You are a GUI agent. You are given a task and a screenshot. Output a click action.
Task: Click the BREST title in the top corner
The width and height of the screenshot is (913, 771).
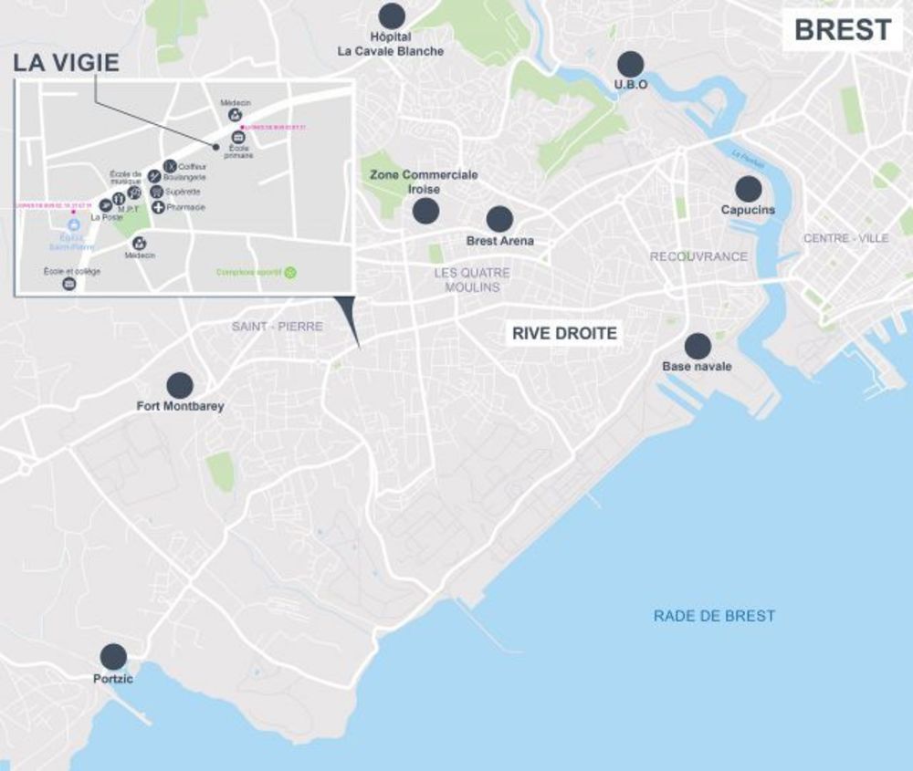pos(842,29)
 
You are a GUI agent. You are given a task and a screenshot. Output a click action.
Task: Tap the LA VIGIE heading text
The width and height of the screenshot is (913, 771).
pos(66,63)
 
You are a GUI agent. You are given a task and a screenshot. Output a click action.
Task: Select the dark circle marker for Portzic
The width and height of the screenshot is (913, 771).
pos(113,656)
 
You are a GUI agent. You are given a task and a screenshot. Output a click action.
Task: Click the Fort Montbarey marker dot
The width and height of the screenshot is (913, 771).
pos(180,385)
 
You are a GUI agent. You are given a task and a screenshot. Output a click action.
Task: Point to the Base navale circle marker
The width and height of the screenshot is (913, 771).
pos(698,346)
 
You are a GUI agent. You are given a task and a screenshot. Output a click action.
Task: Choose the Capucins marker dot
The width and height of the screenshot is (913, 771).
pos(749,189)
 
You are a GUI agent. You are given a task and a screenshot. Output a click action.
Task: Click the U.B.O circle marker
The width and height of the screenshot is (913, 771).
pos(630,64)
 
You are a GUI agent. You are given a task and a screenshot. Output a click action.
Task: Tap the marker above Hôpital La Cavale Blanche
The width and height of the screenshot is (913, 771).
pos(392,16)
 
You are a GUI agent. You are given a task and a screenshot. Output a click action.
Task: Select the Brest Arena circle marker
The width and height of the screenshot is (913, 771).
pos(499,219)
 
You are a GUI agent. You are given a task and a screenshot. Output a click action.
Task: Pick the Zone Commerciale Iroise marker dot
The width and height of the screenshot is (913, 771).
pos(425,212)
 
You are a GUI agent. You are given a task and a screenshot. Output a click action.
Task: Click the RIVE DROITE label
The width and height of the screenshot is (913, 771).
pos(564,334)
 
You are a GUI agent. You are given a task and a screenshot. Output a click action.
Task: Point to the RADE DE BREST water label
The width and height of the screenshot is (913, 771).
pos(714,616)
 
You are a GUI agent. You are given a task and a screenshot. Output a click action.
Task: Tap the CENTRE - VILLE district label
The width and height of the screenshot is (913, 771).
pos(845,238)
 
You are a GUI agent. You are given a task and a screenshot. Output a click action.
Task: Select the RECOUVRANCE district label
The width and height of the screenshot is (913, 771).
pos(698,256)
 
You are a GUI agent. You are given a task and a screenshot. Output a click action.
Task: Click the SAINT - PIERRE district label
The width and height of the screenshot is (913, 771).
pos(277,326)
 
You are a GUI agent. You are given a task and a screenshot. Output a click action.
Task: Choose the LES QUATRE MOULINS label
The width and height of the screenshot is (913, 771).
pos(472,280)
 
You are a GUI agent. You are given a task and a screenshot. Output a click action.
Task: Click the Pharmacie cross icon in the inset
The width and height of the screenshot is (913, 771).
pos(158,208)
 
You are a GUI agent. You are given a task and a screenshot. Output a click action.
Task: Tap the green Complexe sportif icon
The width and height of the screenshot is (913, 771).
pos(290,272)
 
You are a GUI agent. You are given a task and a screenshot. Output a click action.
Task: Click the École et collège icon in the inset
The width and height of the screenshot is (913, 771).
pos(68,284)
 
